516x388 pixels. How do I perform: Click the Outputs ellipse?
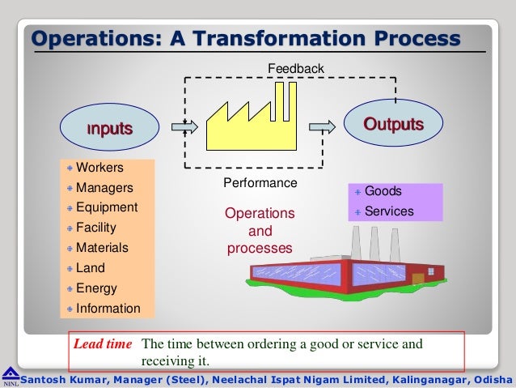[x=394, y=124]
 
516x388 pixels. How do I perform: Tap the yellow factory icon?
[x=247, y=122]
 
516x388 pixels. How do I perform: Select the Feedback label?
[x=296, y=70]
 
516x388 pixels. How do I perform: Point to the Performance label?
[x=260, y=183]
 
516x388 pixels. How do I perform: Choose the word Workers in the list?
[x=99, y=168]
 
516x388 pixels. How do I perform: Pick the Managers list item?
[x=104, y=188]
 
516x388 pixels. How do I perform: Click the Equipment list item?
[x=107, y=207]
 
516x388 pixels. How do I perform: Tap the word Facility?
[x=96, y=228]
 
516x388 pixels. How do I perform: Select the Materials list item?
[x=102, y=248]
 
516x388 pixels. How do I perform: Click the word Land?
[x=90, y=268]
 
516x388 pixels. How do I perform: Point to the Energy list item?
[x=96, y=288]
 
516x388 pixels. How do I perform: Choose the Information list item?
[x=108, y=309]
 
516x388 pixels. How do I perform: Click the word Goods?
[x=383, y=191]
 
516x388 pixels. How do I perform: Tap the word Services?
[x=389, y=211]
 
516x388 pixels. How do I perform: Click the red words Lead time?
[x=103, y=343]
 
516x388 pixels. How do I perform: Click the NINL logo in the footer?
[x=10, y=377]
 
